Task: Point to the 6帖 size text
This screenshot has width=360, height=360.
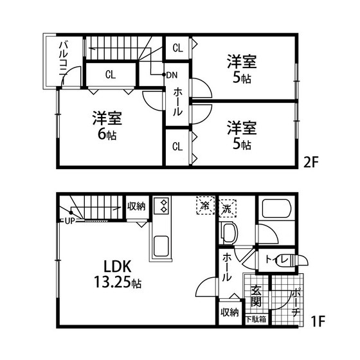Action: click(107, 136)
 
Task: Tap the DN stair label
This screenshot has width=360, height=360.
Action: click(172, 75)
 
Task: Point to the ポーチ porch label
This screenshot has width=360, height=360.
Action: click(296, 301)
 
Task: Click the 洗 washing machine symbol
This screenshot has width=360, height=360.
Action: click(227, 208)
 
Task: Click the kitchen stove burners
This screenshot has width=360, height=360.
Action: click(162, 206)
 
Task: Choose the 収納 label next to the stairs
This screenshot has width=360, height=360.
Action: click(136, 206)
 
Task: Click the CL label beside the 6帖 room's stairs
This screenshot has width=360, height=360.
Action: click(111, 75)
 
